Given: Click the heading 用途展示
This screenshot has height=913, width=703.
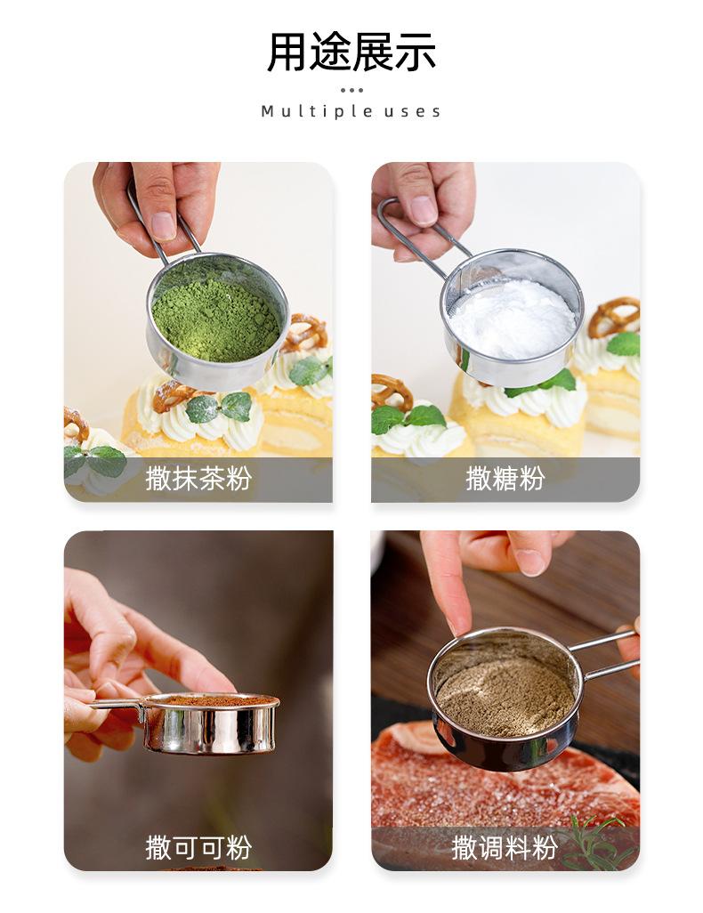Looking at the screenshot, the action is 351,53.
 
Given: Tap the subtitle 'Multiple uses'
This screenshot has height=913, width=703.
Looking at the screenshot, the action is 351,111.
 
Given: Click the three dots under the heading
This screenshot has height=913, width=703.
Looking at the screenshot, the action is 351,90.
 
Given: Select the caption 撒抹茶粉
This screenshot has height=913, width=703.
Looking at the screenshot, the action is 198,479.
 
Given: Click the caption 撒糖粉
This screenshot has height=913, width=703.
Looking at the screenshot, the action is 505,479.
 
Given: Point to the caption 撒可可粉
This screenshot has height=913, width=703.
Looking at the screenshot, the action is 198,847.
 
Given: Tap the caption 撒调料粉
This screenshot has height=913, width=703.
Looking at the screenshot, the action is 505,847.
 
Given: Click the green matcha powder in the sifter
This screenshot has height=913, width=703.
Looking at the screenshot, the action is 215,319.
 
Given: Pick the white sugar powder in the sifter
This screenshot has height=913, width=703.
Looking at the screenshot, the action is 513,318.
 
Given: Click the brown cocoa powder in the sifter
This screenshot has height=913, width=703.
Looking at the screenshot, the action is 211,699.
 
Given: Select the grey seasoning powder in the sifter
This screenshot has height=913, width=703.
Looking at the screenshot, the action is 505,693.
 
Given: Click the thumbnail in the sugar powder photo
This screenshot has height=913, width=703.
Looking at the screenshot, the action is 423,210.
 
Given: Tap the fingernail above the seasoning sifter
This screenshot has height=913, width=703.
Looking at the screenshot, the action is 530,562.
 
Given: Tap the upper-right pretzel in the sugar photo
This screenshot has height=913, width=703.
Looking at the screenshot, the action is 614,317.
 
